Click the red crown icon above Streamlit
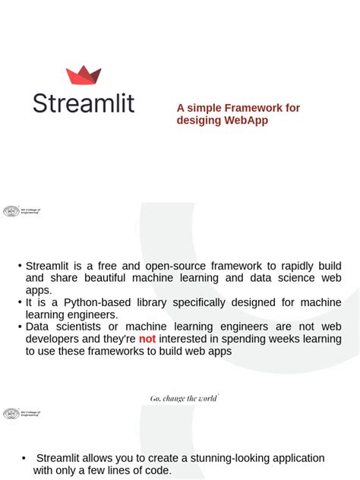pyautogui.click(x=84, y=75)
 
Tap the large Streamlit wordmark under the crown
pyautogui.click(x=84, y=103)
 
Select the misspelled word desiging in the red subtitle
pyautogui.click(x=198, y=121)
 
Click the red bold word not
pyautogui.click(x=147, y=339)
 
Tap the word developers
pyautogui.click(x=52, y=339)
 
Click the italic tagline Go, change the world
pyautogui.click(x=183, y=398)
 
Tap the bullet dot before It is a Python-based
pyautogui.click(x=21, y=302)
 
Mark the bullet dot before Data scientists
pyautogui.click(x=21, y=327)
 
